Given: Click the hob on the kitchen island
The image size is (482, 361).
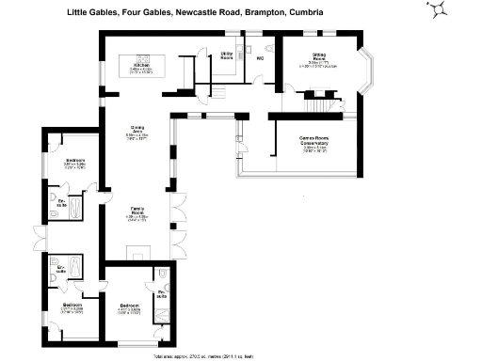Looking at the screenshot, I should [145, 56].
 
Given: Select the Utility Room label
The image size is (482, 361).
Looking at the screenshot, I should [227, 56].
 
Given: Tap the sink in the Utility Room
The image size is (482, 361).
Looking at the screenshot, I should [227, 43].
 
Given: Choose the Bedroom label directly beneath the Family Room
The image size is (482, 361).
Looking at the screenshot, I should [129, 306].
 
